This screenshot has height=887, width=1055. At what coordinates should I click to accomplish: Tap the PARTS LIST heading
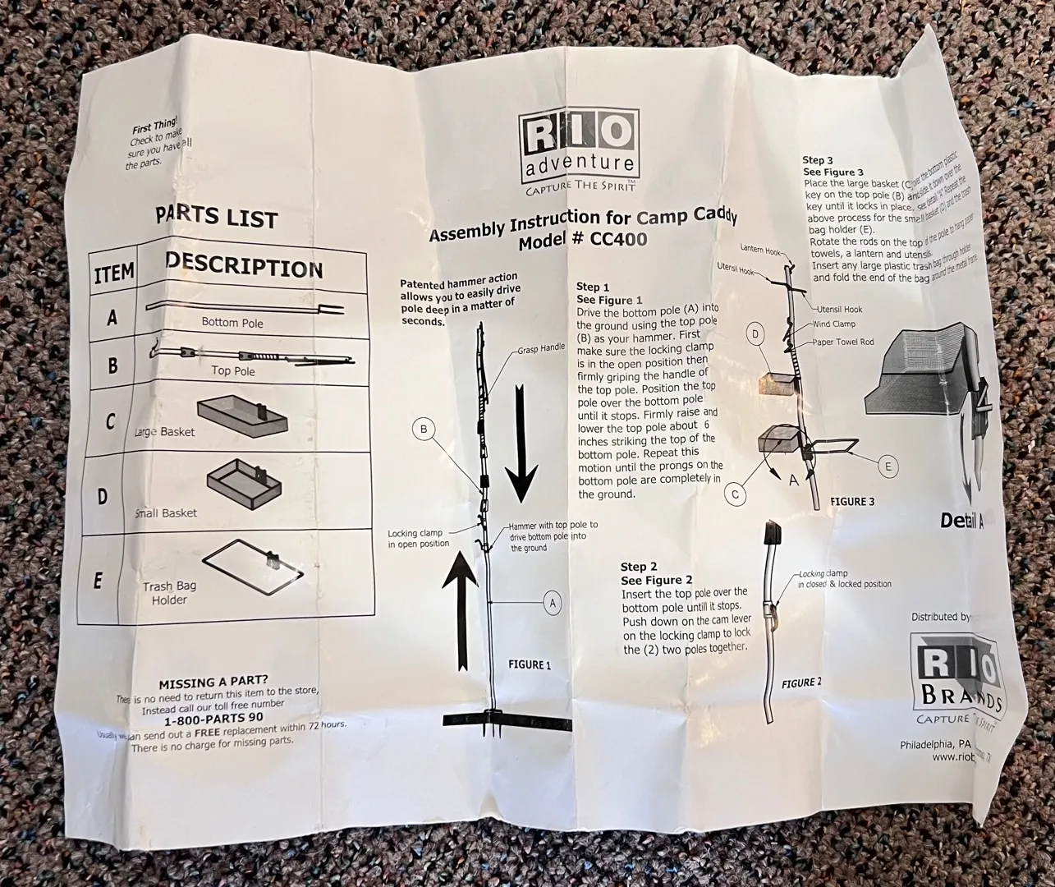pyautogui.click(x=216, y=218)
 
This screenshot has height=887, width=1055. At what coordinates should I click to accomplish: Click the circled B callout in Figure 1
pyautogui.click(x=424, y=429)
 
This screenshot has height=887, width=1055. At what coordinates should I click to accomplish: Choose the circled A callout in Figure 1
pyautogui.click(x=553, y=604)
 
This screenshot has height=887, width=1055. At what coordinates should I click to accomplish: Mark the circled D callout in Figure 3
pyautogui.click(x=756, y=334)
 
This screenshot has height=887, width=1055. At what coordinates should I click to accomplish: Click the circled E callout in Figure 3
pyautogui.click(x=887, y=466)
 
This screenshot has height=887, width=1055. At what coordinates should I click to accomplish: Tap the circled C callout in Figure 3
pyautogui.click(x=736, y=494)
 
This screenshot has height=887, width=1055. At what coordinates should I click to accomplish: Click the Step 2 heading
pyautogui.click(x=639, y=567)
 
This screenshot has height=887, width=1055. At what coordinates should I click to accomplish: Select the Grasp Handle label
pyautogui.click(x=541, y=348)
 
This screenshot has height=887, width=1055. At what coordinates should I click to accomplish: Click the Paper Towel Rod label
pyautogui.click(x=843, y=341)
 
